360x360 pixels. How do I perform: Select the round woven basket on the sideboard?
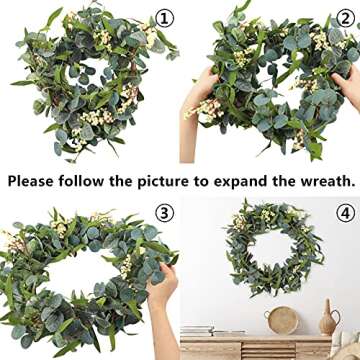284,320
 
